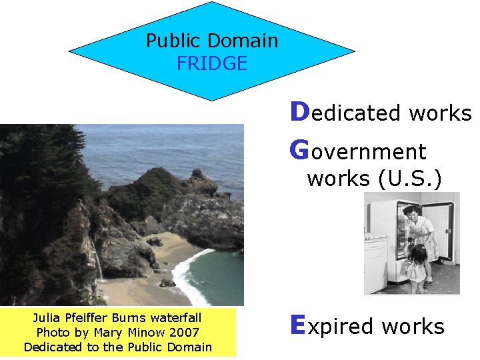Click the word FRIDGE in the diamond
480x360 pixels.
point(212,64)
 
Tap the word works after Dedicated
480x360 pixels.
point(440,113)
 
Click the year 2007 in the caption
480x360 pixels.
point(183,332)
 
